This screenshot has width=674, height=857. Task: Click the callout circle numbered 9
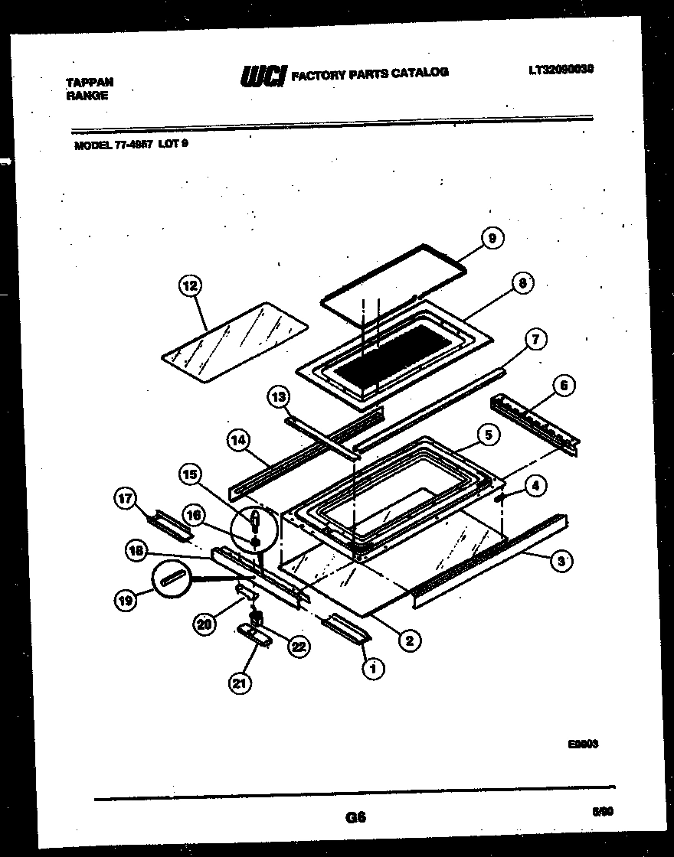pos(492,240)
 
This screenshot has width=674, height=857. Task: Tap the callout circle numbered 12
pos(188,286)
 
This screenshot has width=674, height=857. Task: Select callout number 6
pos(564,386)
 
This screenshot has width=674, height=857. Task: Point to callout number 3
pos(561,561)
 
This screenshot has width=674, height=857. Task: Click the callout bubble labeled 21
pos(240,683)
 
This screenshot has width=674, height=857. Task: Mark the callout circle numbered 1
pos(373,669)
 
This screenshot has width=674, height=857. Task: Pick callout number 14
pos(238,439)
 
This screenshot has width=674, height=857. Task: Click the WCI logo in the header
pos(263,74)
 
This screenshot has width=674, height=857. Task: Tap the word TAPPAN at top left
pos(90,81)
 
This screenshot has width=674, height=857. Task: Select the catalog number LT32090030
pos(561,69)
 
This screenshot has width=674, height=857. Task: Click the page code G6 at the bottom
pos(355,817)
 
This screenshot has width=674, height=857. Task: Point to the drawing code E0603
pos(583,742)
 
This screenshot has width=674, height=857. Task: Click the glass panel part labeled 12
pos(236,339)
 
